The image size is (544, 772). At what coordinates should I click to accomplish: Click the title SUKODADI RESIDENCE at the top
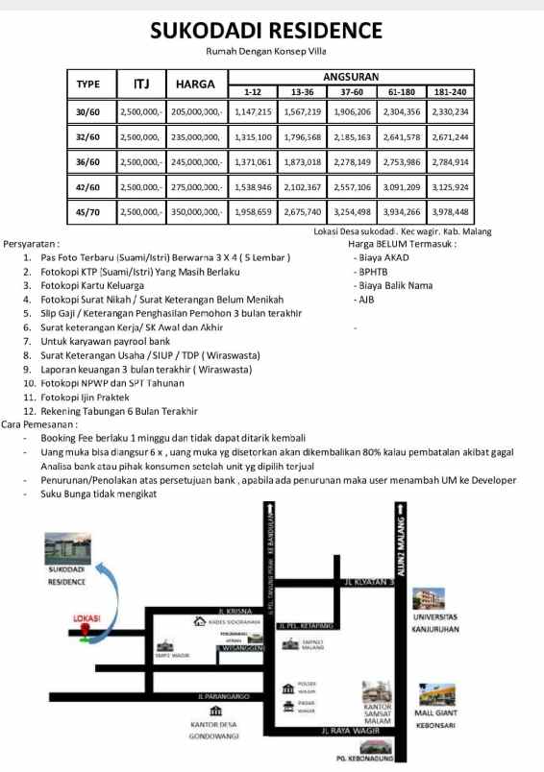click(x=272, y=32)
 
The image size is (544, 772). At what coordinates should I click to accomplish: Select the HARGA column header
click(x=194, y=84)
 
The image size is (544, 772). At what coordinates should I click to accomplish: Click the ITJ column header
click(x=141, y=84)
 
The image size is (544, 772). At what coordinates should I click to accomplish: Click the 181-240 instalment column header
click(x=450, y=92)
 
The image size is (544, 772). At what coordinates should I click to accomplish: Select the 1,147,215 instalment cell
click(x=253, y=112)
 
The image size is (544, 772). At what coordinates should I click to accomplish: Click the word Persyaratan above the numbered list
click(x=32, y=244)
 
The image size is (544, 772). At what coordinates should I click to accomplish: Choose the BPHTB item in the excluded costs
click(x=368, y=272)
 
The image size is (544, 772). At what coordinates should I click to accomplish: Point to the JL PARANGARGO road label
click(x=223, y=695)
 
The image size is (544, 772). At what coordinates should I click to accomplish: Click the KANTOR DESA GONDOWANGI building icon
click(x=215, y=710)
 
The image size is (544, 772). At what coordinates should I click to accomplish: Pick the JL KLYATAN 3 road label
click(x=369, y=582)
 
